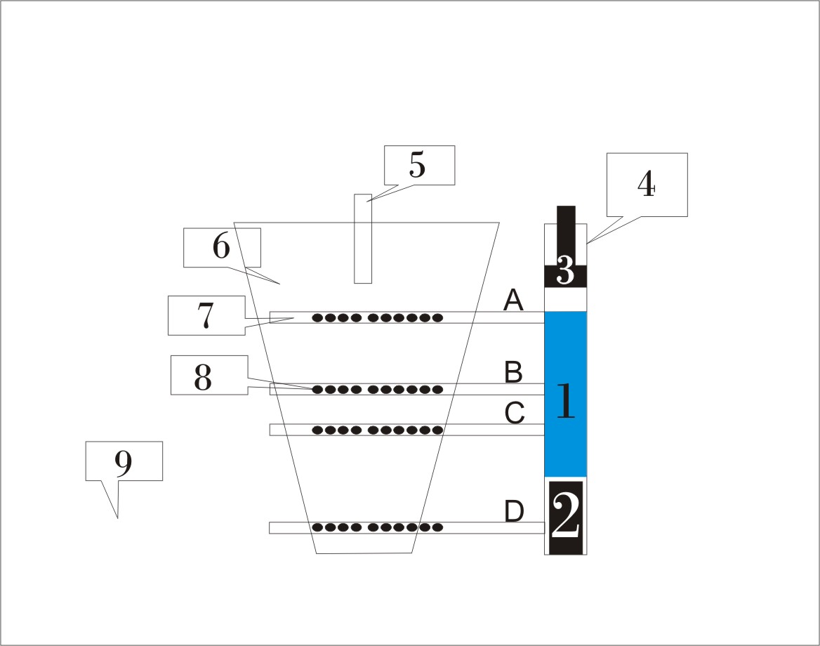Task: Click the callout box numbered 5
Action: (x=419, y=165)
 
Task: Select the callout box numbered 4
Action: (x=646, y=185)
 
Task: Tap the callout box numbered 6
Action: (x=222, y=247)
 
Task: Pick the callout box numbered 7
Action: (x=206, y=315)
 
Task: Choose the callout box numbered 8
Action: (x=209, y=375)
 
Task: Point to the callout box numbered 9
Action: (x=124, y=461)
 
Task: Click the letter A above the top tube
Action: (x=514, y=301)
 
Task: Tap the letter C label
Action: (x=515, y=414)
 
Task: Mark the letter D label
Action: (x=515, y=512)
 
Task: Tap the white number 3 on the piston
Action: (x=566, y=271)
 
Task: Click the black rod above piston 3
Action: (x=566, y=228)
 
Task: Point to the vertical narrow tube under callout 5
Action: (x=362, y=239)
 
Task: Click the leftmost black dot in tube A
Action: (x=317, y=317)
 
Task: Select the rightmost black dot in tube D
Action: (x=437, y=527)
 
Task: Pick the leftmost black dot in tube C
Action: (x=317, y=430)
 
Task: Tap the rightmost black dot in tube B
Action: (x=437, y=389)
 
